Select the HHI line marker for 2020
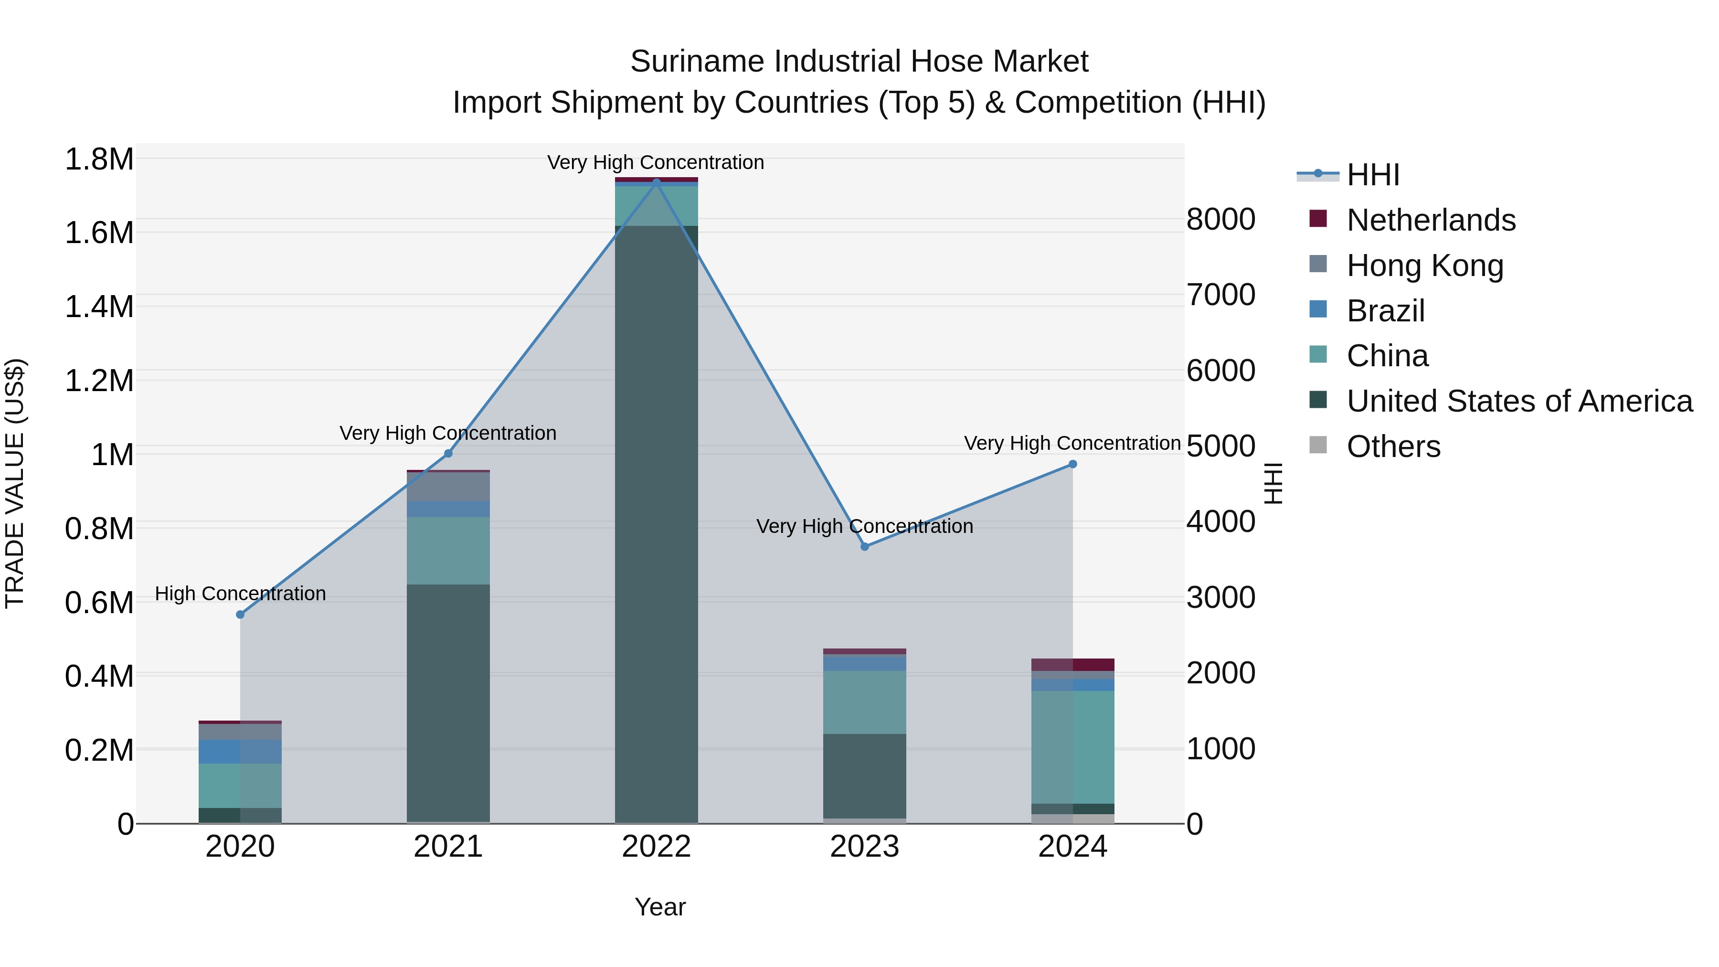point(240,614)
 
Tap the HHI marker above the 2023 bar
point(864,546)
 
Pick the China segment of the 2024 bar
point(1072,747)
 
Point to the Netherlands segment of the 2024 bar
point(1072,664)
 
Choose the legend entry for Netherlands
point(1430,220)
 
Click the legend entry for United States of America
point(1519,401)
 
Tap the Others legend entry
point(1393,446)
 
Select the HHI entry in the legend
point(1373,175)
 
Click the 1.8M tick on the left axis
point(99,159)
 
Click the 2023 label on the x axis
point(864,847)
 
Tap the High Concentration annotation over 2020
point(240,593)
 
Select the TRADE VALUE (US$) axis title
point(15,483)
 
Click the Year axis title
point(659,907)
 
